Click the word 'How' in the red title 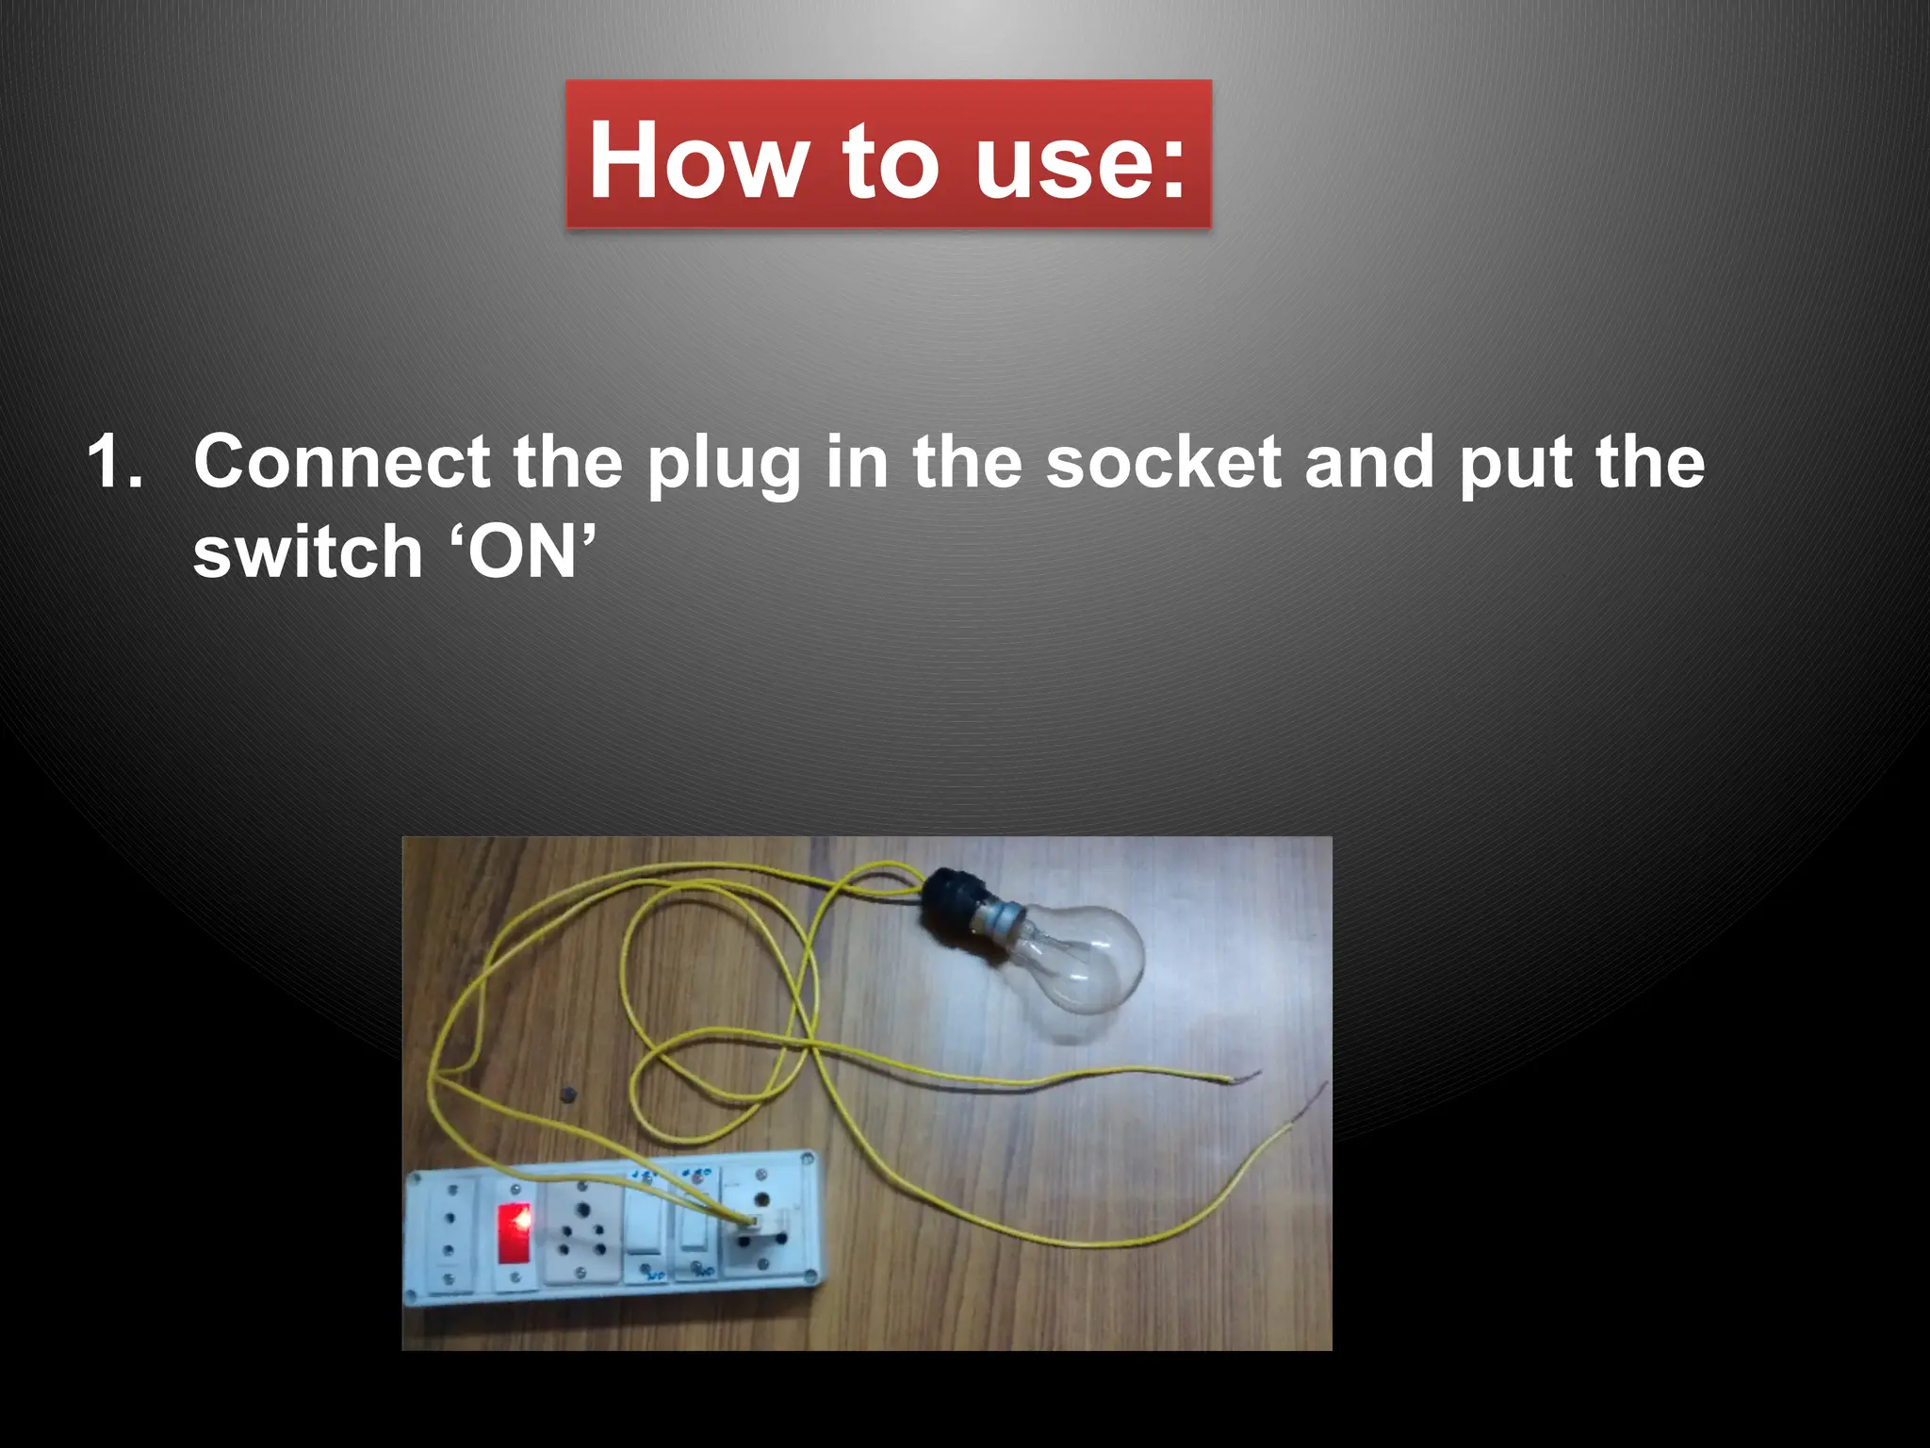pos(697,160)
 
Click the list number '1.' pos(115,462)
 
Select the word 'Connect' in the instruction pos(342,462)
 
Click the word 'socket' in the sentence pos(1165,462)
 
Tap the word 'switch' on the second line pos(307,551)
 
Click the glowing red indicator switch pos(514,1232)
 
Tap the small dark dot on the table pos(567,1095)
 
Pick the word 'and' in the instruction pos(1371,462)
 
